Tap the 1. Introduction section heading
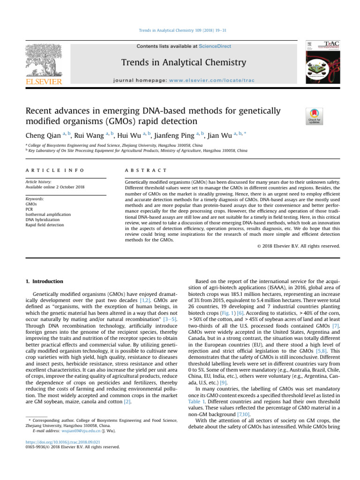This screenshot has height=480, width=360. point(43,281)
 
